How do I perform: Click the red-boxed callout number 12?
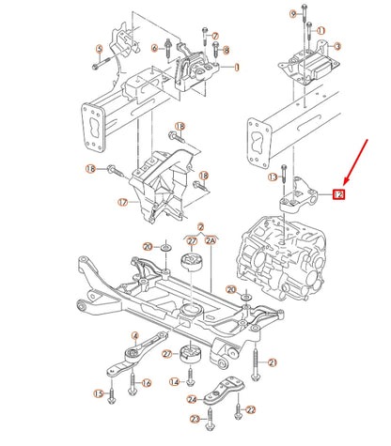338,195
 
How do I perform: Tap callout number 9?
292,13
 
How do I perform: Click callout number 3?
338,46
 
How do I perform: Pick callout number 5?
99,48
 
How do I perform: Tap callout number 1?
237,68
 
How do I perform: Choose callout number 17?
122,201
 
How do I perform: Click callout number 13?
273,177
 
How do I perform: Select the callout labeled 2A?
211,240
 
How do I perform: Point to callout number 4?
135,335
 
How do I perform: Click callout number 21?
273,362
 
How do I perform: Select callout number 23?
195,419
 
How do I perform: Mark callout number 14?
175,382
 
